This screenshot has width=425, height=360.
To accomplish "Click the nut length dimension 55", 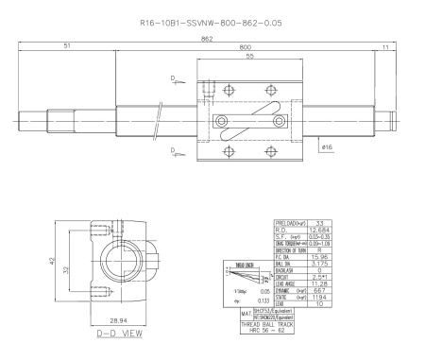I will [x=248, y=57].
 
